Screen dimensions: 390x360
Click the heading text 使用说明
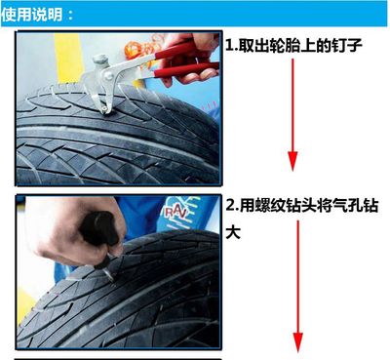point(31,15)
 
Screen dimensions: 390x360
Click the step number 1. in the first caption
point(232,45)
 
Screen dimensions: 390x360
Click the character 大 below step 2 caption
point(233,232)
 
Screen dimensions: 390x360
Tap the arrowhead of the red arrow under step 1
point(292,161)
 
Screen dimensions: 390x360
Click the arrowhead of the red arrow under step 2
point(297,342)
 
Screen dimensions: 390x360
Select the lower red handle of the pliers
point(185,71)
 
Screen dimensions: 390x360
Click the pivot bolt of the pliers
point(108,76)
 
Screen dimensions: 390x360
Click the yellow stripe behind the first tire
point(69,59)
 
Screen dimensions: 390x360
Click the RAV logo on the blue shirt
point(175,213)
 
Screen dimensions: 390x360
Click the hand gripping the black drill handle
point(76,232)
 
